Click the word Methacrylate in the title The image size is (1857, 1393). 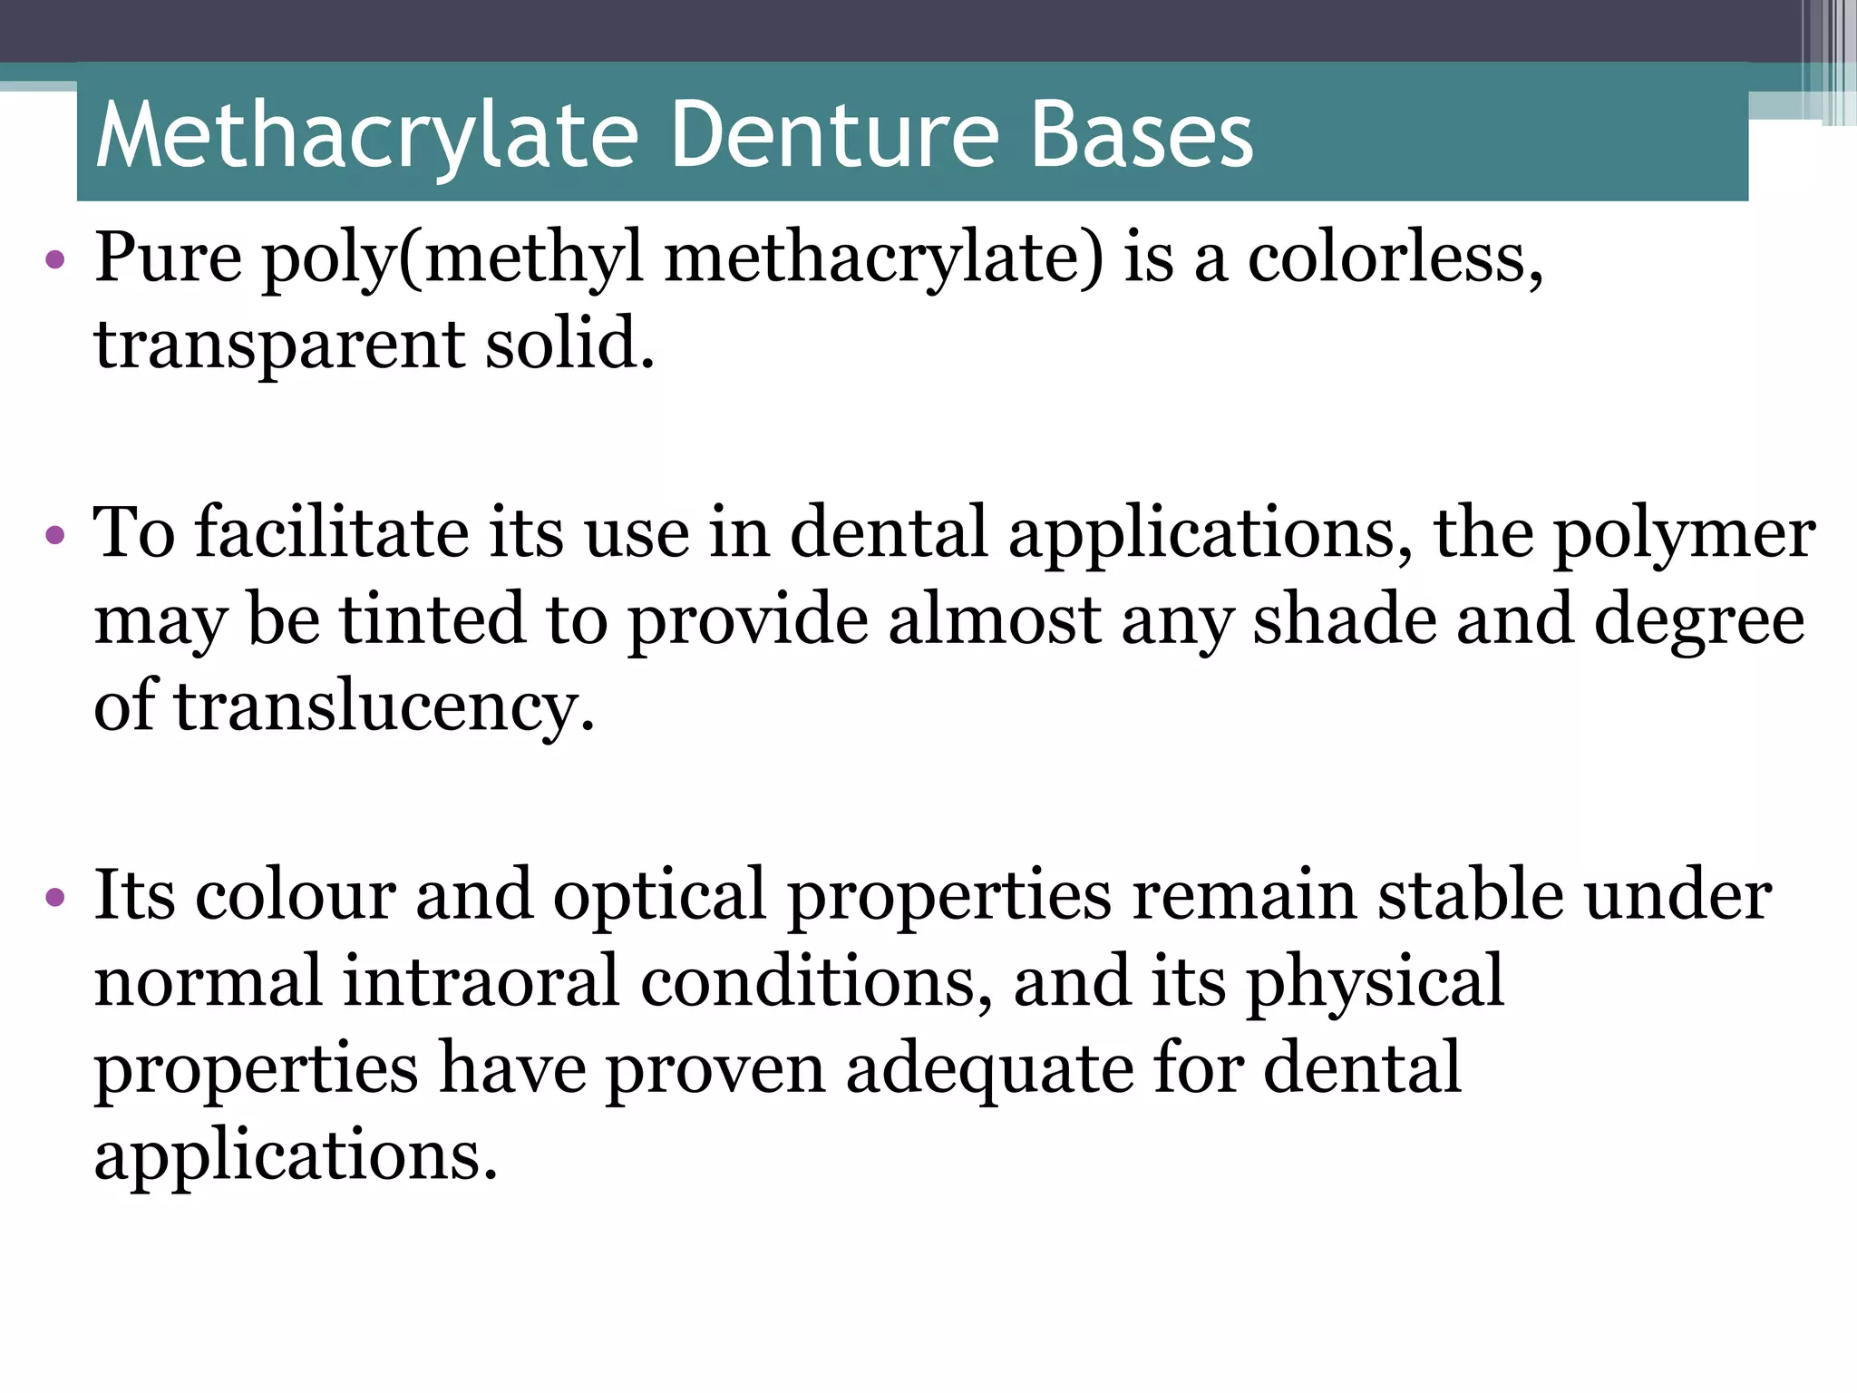[367, 136]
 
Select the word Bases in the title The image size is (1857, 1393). [1142, 136]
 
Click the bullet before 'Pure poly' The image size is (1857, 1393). [55, 261]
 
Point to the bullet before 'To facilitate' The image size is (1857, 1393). [55, 535]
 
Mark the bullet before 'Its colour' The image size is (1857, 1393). [55, 898]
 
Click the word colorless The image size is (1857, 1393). [1395, 258]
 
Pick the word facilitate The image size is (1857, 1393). [332, 532]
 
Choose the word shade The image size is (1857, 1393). [1344, 619]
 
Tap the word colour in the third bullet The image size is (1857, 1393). [295, 896]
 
